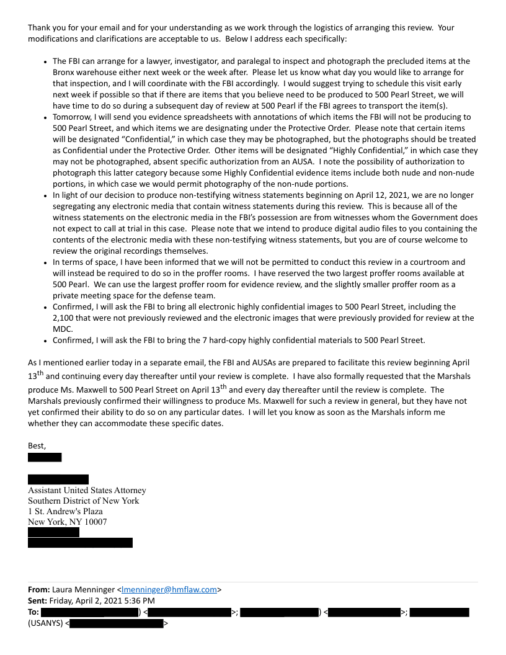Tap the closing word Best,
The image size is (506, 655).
pos(37,445)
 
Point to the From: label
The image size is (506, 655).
pos(38,590)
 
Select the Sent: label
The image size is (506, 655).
pos(37,600)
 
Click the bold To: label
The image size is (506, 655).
pos(33,612)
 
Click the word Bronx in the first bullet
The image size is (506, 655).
pos(65,72)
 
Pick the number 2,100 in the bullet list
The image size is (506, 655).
pos(64,318)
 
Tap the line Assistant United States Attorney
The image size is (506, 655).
pos(87,491)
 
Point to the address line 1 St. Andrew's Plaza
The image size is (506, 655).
pos(65,512)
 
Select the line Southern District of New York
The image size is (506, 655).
pos(83,501)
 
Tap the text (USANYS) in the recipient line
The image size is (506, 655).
pos(46,623)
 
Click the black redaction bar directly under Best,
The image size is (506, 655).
pos(45,458)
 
